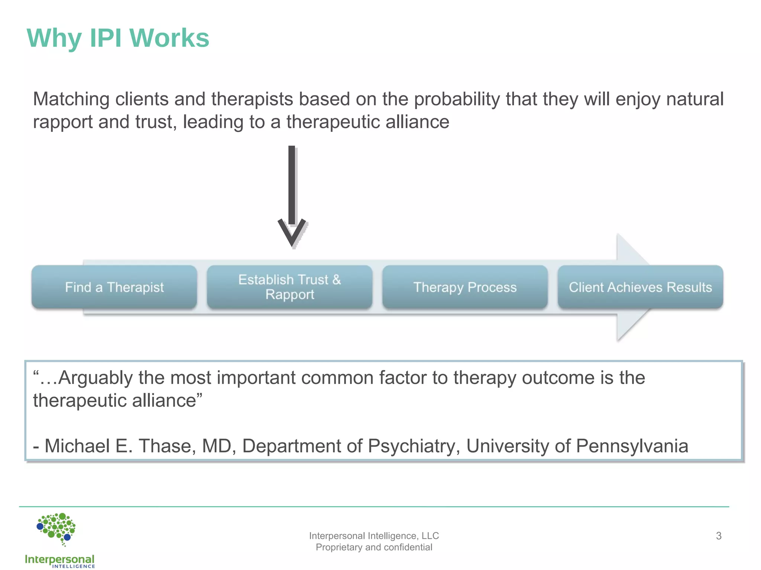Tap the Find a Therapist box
[x=114, y=287]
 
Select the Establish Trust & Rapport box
[x=289, y=287]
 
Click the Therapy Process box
[x=465, y=287]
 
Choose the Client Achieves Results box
[x=640, y=287]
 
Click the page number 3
[x=718, y=536]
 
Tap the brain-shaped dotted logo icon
[x=56, y=528]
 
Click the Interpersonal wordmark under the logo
[x=59, y=559]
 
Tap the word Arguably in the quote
[x=95, y=378]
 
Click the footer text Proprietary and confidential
[x=374, y=547]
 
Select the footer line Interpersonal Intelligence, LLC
[x=374, y=536]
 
